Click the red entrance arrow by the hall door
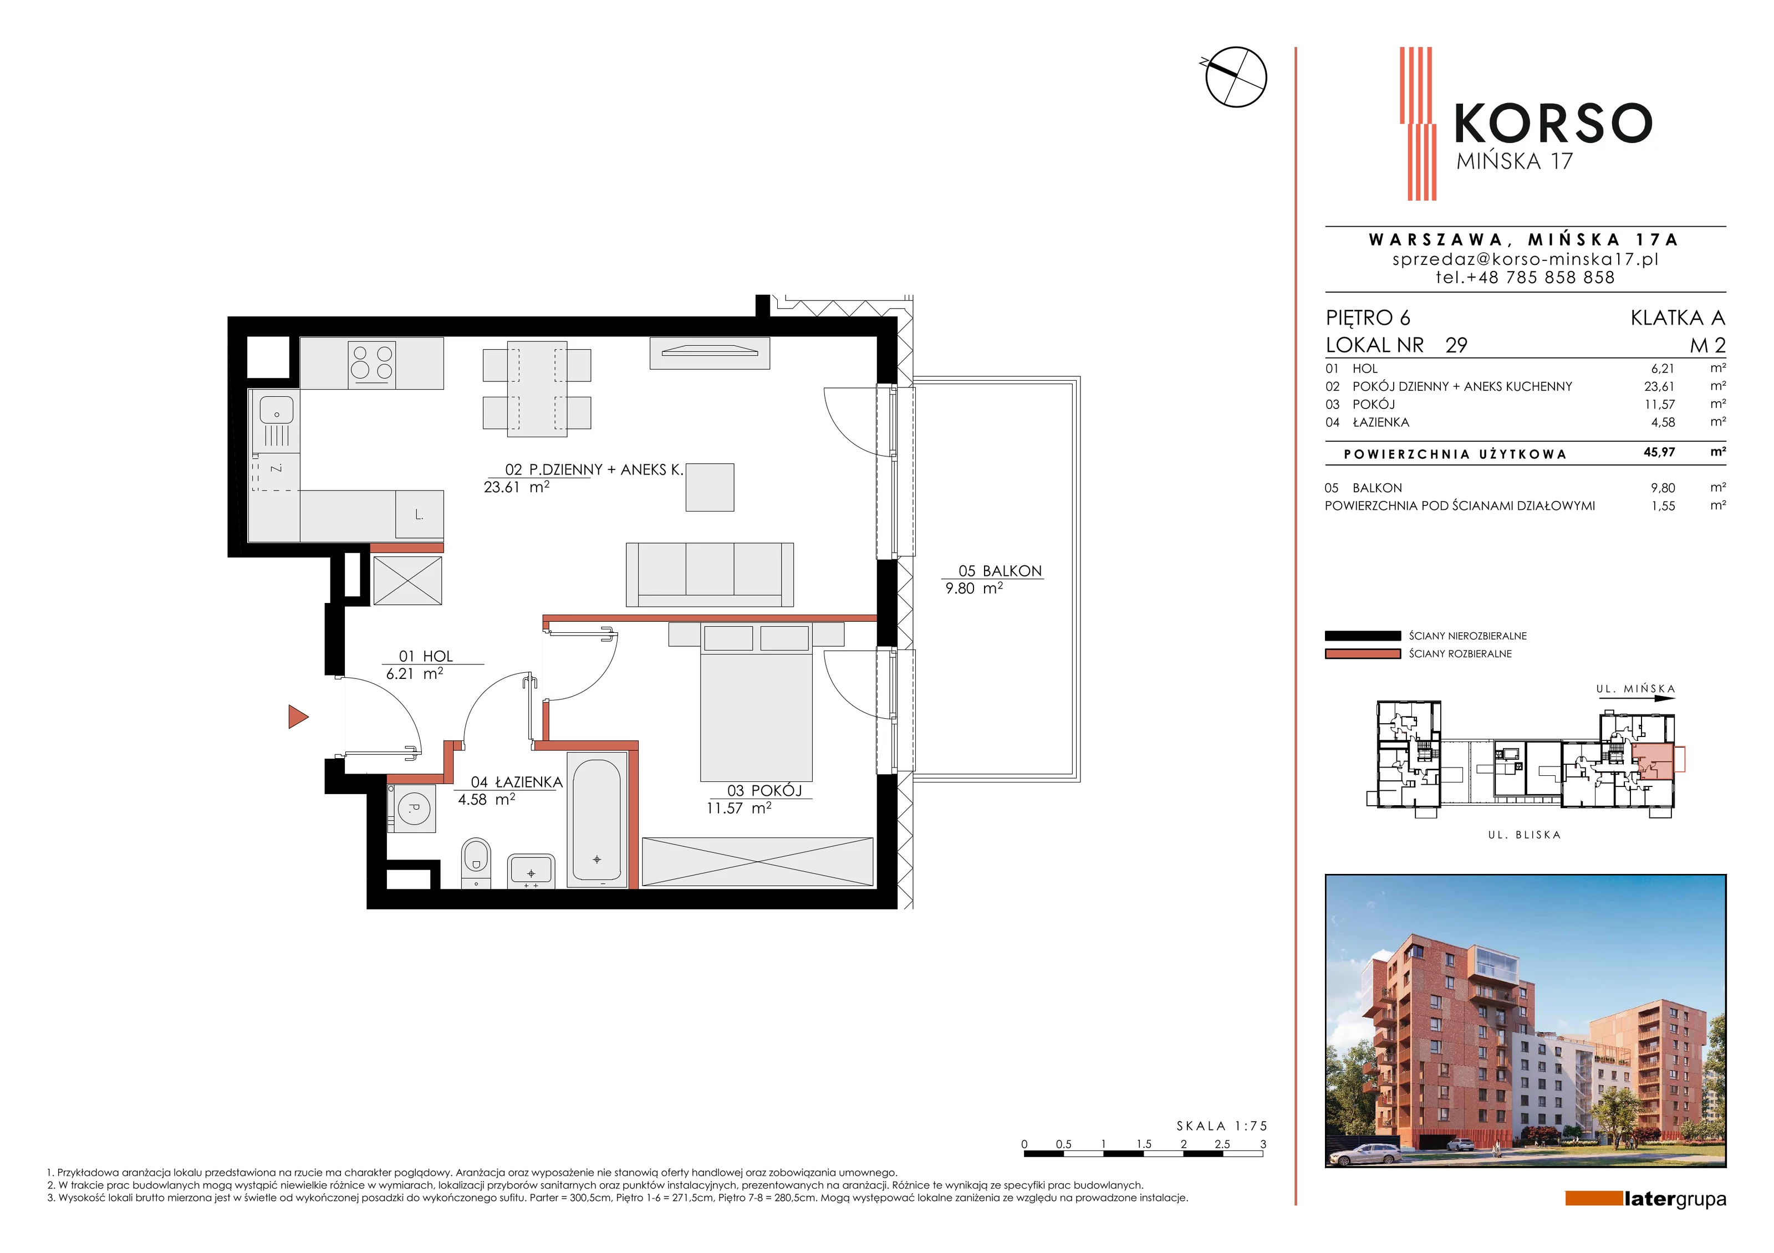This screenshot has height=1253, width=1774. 298,717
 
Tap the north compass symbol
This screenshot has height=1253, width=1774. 1235,76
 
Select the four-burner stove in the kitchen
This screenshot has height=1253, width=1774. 371,362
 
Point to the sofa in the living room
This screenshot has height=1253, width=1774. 709,574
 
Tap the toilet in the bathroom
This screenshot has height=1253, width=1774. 476,863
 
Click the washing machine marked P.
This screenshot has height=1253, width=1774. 412,808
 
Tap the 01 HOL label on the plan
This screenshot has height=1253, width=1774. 426,656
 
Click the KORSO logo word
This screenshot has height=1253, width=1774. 1553,124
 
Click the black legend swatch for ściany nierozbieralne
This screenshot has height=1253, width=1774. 1362,636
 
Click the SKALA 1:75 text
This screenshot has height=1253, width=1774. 1221,1126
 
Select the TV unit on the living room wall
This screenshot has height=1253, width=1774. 710,353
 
